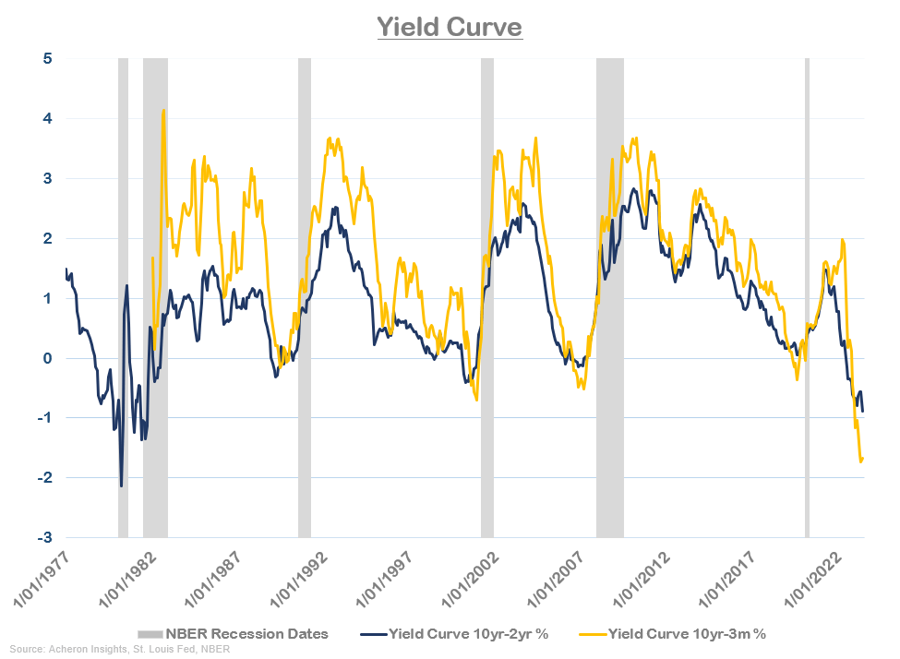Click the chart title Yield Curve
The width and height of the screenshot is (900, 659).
pyautogui.click(x=450, y=28)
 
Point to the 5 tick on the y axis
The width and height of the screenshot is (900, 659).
pyautogui.click(x=46, y=59)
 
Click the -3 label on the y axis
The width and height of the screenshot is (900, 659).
pyautogui.click(x=43, y=538)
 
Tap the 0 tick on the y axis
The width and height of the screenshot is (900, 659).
pyautogui.click(x=46, y=358)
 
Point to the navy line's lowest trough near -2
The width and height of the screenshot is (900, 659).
pyautogui.click(x=121, y=485)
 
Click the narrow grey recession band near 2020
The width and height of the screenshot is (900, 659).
pyautogui.click(x=807, y=295)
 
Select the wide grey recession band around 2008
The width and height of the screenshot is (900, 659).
pyautogui.click(x=609, y=295)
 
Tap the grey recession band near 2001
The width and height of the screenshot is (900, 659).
pyautogui.click(x=486, y=295)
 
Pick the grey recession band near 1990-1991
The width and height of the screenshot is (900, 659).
pyautogui.click(x=304, y=295)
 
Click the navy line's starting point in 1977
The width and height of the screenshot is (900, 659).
pyautogui.click(x=66, y=270)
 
